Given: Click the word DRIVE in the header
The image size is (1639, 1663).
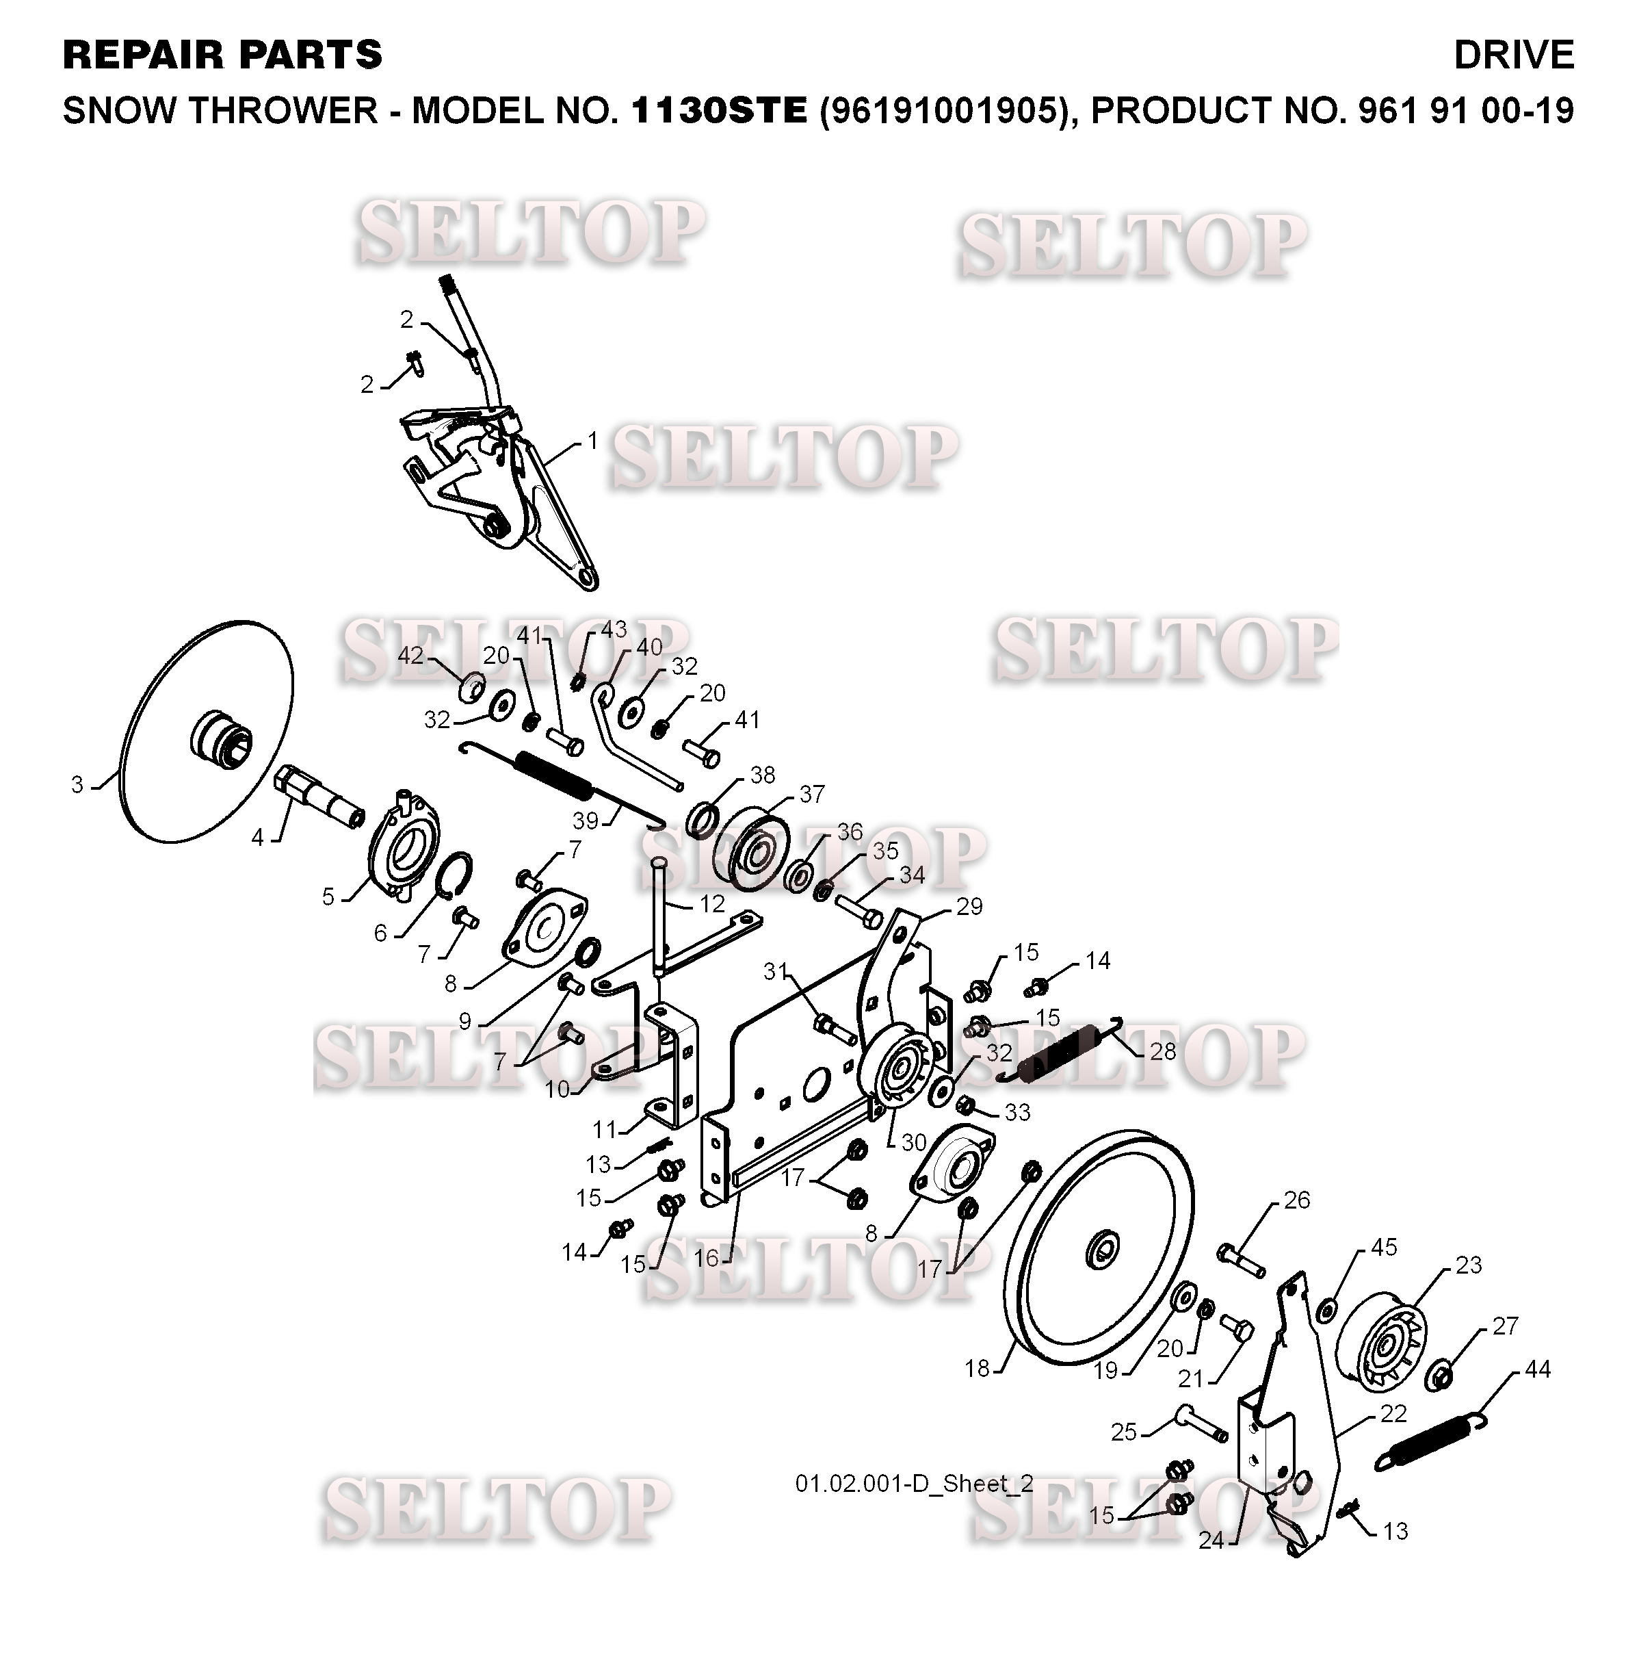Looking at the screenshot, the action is point(1512,55).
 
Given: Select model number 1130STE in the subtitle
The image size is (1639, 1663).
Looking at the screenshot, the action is point(719,110).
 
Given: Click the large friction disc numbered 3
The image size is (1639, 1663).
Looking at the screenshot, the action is point(207,731).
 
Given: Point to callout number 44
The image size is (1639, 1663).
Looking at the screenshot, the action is point(1536,1369).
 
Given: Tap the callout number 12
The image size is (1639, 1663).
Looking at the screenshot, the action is point(712,904).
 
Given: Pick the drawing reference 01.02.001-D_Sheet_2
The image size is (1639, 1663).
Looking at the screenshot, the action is point(914,1483).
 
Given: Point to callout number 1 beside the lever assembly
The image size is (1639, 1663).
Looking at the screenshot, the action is point(592,441).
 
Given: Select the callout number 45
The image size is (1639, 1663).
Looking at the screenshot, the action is point(1383,1246).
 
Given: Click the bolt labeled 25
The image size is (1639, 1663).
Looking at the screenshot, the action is point(1201,1423).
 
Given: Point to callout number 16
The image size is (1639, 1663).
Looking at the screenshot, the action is point(705,1259).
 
